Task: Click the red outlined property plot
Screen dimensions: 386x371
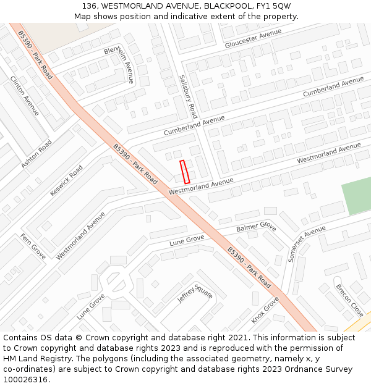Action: pos(184,172)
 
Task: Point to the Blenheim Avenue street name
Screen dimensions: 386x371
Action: pos(119,64)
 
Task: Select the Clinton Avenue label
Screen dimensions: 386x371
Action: pos(25,96)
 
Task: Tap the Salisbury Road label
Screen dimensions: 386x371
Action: pos(188,97)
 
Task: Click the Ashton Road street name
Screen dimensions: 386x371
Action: pos(36,154)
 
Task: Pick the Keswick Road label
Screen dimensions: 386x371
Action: pos(66,180)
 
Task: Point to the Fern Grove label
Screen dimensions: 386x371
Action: pos(33,246)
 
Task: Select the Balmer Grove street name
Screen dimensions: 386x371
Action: pos(256,227)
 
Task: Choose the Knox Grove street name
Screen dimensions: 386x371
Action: pos(265,310)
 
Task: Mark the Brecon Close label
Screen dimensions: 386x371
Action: pos(349,300)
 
